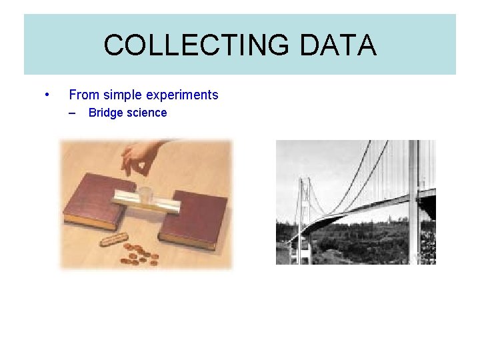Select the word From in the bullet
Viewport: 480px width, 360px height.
point(83,95)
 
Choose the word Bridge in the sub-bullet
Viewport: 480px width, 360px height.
point(105,113)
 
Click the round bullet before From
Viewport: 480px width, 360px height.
point(45,94)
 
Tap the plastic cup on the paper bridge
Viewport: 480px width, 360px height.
point(146,194)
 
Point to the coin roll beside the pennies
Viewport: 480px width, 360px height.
point(114,239)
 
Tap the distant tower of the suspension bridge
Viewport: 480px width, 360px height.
point(305,213)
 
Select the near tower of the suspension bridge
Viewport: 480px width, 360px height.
point(414,200)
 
